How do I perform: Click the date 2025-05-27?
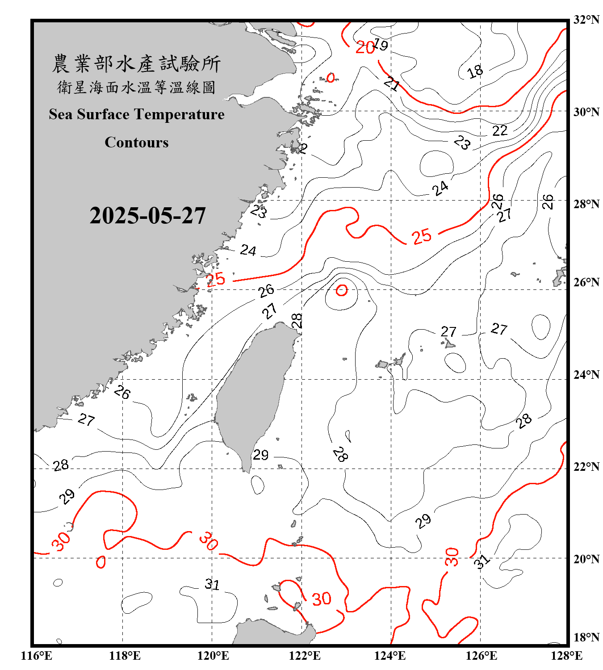147,216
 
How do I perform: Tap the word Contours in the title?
137,142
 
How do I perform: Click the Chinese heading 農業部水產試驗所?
136,64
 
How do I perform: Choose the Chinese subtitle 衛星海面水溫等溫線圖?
136,87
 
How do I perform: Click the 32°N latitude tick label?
586,20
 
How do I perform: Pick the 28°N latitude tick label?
586,204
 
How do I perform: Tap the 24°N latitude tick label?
586,375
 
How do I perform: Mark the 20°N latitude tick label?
586,559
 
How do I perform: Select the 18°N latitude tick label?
586,637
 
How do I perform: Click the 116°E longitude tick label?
37,656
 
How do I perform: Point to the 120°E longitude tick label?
213,656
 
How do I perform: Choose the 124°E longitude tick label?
390,656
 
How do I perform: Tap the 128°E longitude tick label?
566,656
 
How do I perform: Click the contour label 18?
475,71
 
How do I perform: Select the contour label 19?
381,45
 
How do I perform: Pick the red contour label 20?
365,47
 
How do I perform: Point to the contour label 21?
392,84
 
